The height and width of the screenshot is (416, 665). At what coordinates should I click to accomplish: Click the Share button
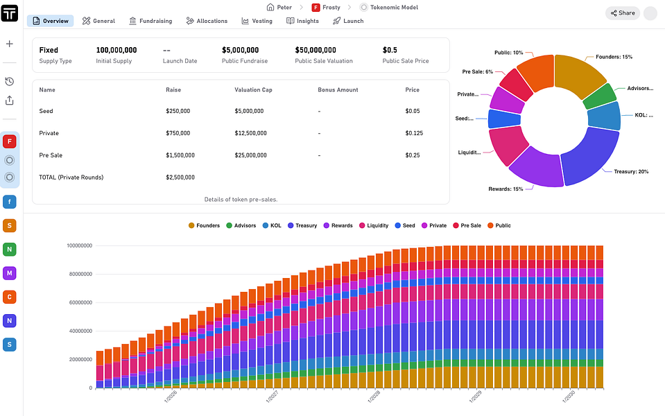[622, 12]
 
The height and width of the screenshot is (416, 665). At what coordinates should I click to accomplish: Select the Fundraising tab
[150, 21]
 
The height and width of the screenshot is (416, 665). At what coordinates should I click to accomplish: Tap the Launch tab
[348, 21]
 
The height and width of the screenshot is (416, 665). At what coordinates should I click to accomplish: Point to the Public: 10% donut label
[508, 53]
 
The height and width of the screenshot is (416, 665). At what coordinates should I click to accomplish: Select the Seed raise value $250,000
[180, 111]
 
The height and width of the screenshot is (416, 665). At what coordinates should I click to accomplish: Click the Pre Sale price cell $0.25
[413, 155]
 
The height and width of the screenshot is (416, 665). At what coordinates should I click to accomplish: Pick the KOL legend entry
[272, 225]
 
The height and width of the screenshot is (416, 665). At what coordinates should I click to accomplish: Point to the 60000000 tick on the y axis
[80, 302]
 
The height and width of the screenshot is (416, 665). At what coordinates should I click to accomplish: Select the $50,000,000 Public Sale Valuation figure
[316, 50]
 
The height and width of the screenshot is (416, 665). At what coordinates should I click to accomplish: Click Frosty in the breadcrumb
[327, 7]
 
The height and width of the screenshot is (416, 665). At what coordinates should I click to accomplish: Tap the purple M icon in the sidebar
[10, 273]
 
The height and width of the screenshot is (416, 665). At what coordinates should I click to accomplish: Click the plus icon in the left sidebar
[10, 44]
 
